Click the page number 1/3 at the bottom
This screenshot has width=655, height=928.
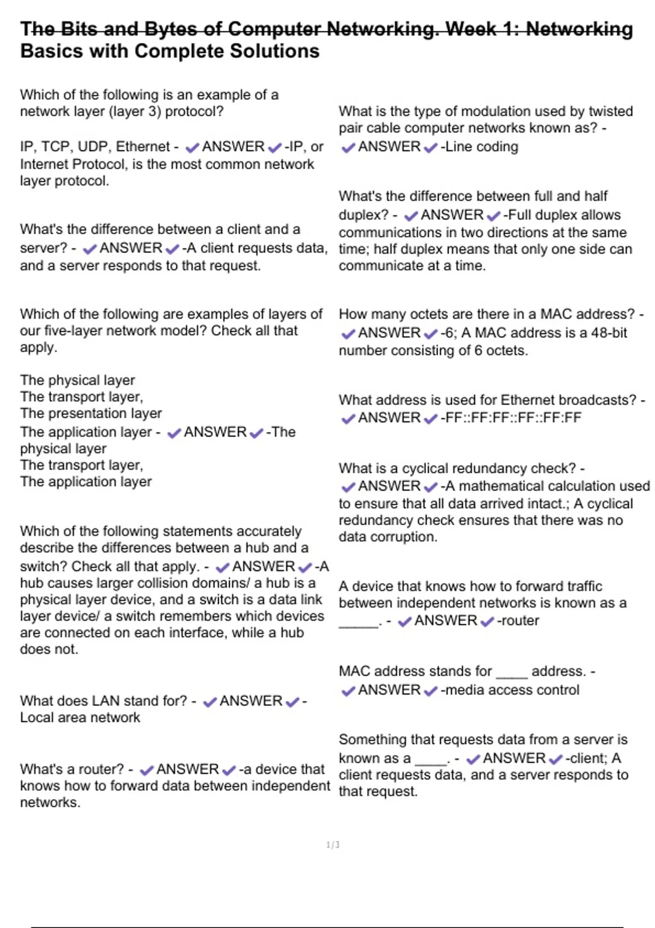(x=333, y=845)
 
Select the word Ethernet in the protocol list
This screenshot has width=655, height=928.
(x=143, y=147)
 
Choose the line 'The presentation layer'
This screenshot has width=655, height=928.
(x=91, y=413)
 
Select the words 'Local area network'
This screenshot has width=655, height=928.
(x=80, y=717)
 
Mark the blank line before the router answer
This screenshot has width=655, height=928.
(x=358, y=622)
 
